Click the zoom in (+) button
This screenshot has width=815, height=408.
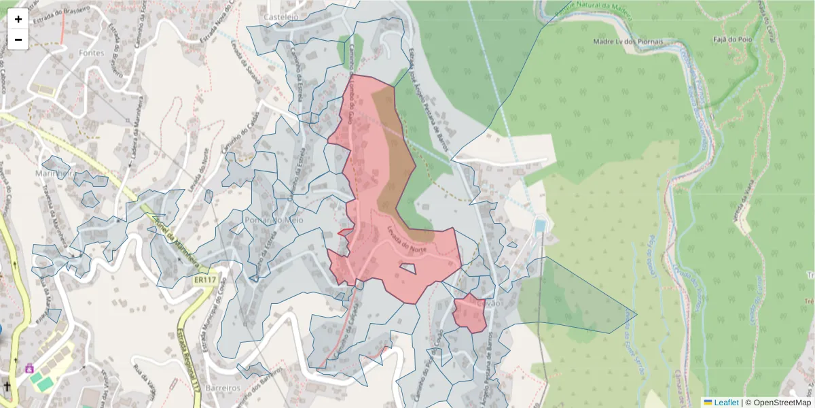click(x=18, y=19)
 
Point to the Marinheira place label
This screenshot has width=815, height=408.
click(x=58, y=173)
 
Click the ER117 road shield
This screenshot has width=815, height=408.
click(x=204, y=279)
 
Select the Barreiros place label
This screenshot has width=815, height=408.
click(x=225, y=387)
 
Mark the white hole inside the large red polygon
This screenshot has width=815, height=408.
click(x=408, y=268)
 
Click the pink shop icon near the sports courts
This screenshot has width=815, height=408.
click(x=29, y=368)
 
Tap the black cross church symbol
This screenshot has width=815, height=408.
click(x=7, y=386)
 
